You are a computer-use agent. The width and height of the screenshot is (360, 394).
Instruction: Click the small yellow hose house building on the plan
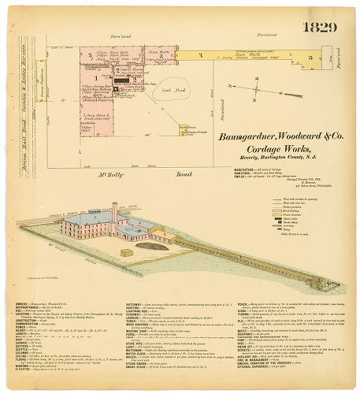click(x=183, y=128)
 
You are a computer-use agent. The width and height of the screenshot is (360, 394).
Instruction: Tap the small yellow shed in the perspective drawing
click(x=126, y=253)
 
